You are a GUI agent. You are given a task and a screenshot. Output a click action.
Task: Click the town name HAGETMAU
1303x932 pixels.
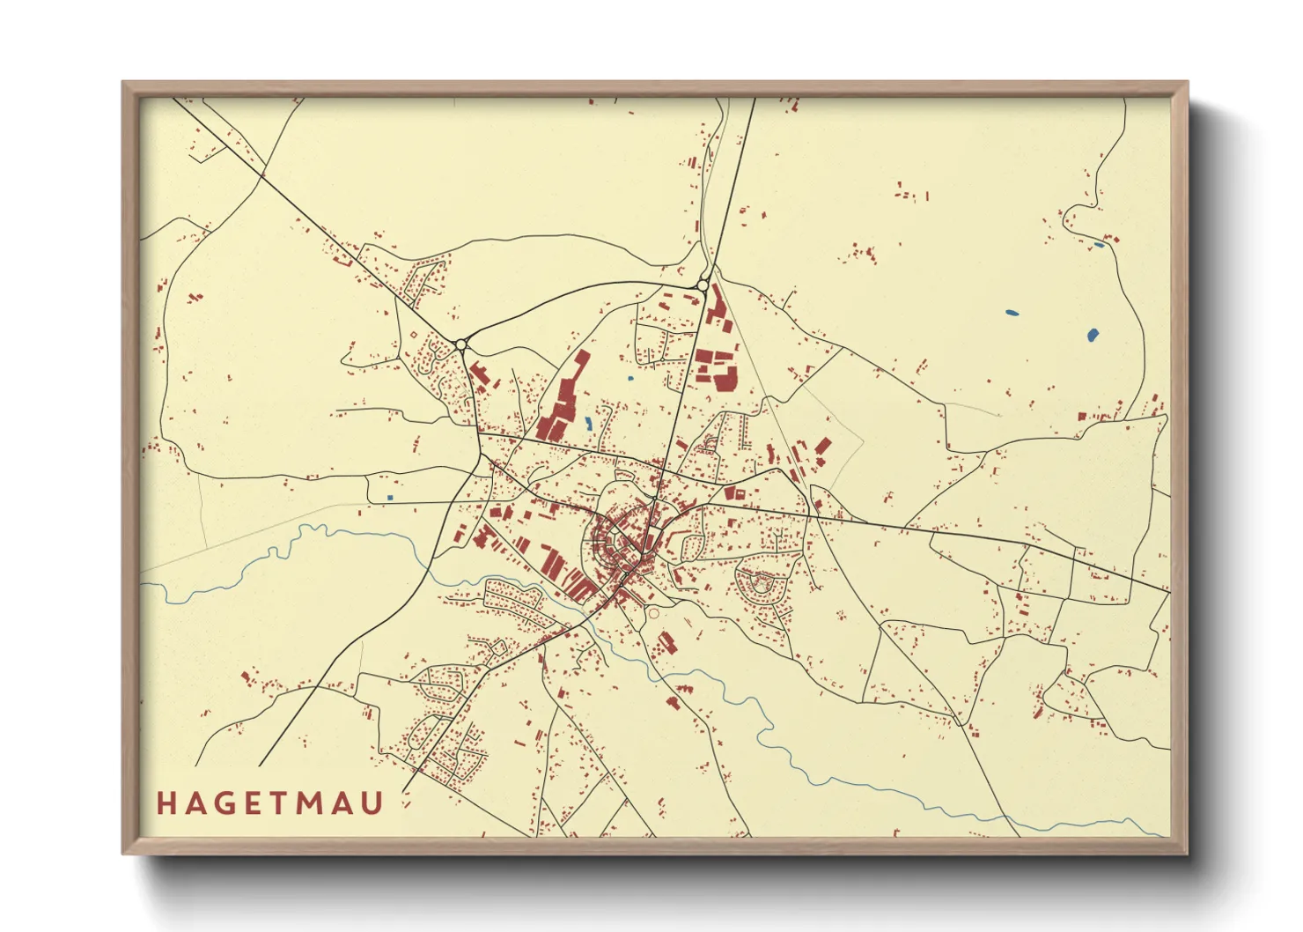click(x=270, y=803)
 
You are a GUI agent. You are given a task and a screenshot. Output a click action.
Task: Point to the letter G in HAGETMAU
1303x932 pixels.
click(x=226, y=803)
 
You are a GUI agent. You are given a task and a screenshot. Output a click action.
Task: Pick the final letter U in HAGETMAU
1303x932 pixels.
click(x=373, y=803)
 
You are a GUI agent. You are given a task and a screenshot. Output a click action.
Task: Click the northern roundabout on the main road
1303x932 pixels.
click(x=703, y=285)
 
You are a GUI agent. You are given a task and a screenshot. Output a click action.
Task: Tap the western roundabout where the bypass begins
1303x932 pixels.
click(x=460, y=344)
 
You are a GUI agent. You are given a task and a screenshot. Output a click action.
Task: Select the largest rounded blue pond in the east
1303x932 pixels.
click(x=1093, y=335)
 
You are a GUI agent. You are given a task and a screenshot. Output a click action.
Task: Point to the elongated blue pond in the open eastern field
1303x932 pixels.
click(x=1012, y=312)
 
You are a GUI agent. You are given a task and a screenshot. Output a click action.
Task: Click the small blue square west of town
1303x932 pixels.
click(x=390, y=498)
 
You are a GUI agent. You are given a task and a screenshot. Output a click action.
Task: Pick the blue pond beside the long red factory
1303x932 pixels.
click(x=587, y=424)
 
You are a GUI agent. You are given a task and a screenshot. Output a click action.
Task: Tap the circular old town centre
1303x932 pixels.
click(x=621, y=537)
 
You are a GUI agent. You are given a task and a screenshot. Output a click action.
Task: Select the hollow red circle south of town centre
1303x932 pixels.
click(x=653, y=614)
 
